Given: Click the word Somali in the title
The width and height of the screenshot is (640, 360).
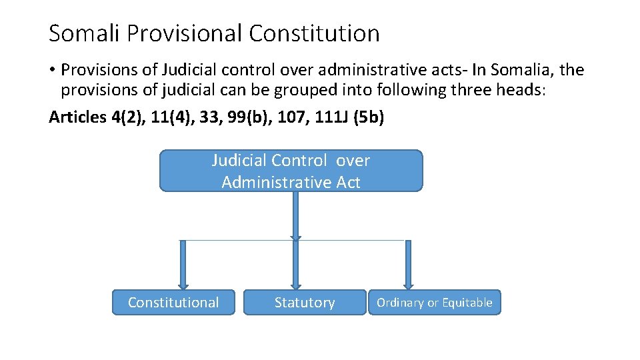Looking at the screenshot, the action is pyautogui.click(x=82, y=33).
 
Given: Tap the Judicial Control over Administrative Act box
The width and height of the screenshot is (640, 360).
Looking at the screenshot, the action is pyautogui.click(x=291, y=171).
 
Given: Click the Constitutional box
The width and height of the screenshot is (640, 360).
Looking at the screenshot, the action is pyautogui.click(x=173, y=303).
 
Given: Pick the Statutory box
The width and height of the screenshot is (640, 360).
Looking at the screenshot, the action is pyautogui.click(x=305, y=303).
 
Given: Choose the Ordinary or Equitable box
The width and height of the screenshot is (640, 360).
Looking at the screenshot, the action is pyautogui.click(x=434, y=303).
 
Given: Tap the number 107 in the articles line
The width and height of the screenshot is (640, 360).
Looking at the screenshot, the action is pyautogui.click(x=290, y=117).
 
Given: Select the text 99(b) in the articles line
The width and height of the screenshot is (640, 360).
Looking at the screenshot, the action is pyautogui.click(x=246, y=117).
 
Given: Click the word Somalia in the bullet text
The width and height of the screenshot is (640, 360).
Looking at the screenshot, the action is pyautogui.click(x=519, y=70).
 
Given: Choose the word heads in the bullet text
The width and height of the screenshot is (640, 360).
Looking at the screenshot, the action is pyautogui.click(x=522, y=91).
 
